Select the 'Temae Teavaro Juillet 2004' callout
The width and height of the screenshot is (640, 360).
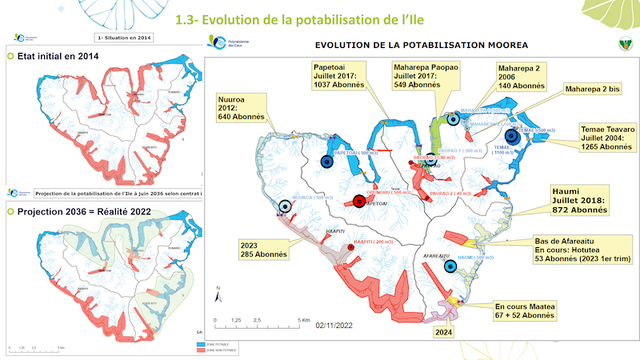click(606, 137)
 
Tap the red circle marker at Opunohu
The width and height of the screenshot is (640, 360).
click(358, 202)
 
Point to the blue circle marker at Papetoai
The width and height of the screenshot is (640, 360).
click(326, 161)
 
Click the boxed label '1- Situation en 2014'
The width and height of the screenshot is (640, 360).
click(123, 37)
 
